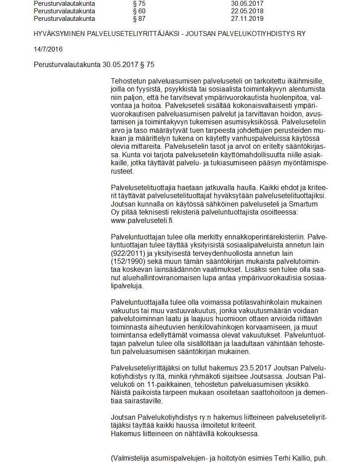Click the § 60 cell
pos(139,11)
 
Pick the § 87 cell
pos(139,19)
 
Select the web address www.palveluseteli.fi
pos(142,221)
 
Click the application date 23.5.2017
pos(255,369)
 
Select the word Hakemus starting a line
pos(125,433)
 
